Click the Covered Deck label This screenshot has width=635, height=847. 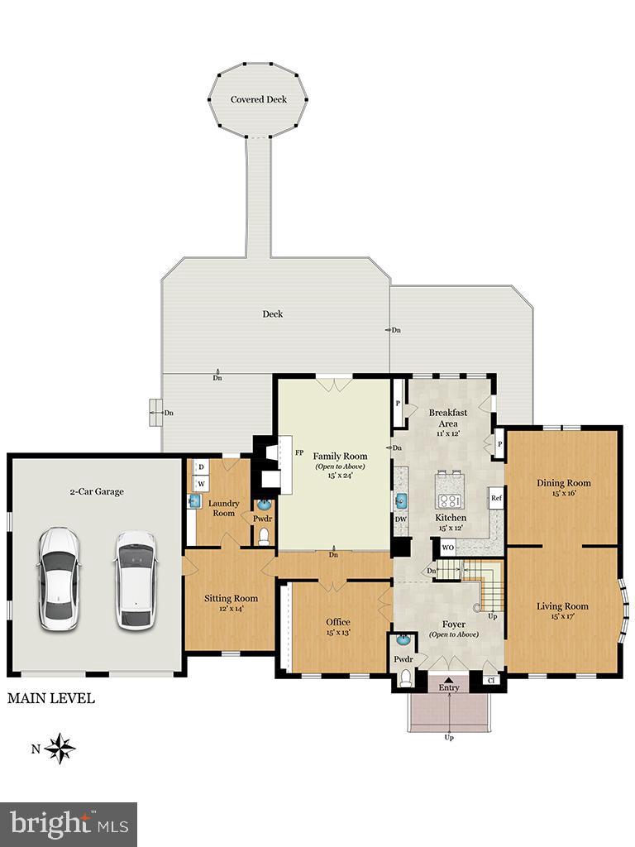(259, 99)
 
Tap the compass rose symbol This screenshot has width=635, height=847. (60, 749)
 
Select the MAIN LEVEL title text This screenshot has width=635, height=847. (51, 699)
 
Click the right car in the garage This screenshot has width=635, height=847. (135, 578)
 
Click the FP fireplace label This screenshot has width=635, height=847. (301, 453)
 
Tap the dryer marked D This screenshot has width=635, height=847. (201, 467)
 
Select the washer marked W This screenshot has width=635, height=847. (201, 483)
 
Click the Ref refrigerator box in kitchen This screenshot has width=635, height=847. (496, 498)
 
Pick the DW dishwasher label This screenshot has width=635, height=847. (401, 519)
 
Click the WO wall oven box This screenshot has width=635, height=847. (447, 548)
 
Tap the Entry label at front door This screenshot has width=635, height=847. (449, 687)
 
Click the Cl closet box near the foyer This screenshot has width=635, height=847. (491, 681)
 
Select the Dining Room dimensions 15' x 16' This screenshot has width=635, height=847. (564, 494)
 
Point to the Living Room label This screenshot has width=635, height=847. (562, 606)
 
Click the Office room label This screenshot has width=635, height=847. (337, 622)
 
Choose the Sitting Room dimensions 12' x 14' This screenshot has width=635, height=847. (232, 609)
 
